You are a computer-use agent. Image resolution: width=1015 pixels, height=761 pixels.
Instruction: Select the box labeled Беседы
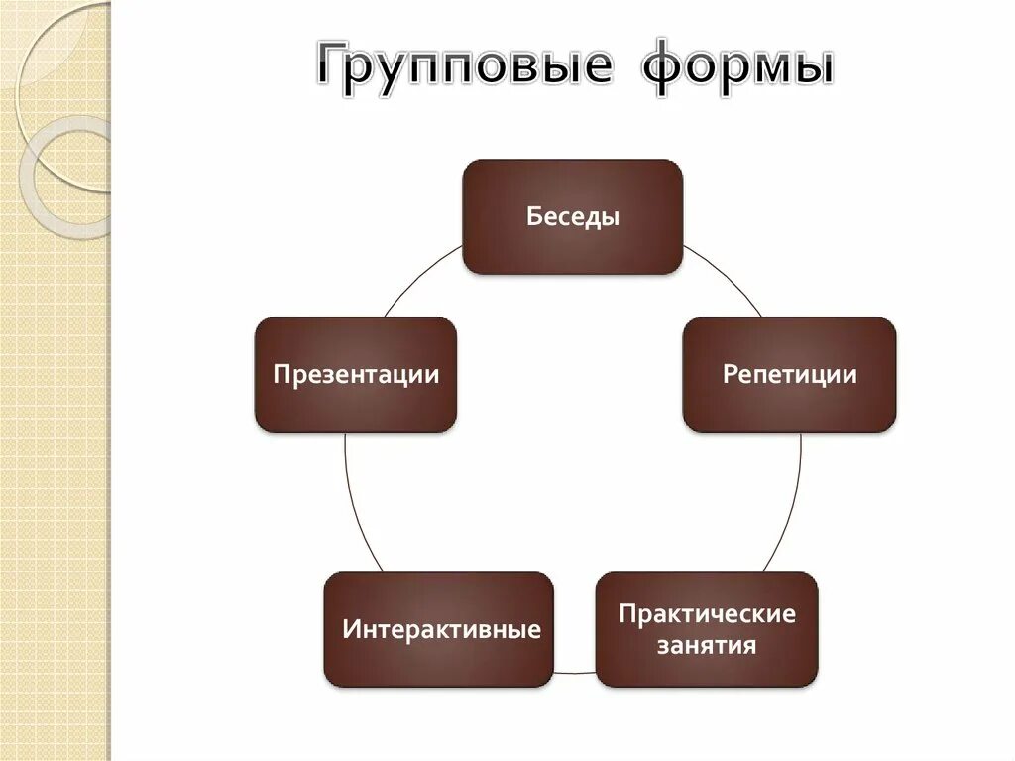click(x=573, y=216)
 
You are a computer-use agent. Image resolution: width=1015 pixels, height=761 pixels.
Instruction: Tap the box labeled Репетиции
click(x=789, y=374)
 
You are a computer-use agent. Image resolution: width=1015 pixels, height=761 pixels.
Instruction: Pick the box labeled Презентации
click(x=356, y=374)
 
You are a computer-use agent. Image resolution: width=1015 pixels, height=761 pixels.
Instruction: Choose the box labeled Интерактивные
click(x=438, y=629)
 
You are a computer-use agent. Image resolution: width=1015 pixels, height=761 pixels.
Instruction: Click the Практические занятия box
click(x=707, y=629)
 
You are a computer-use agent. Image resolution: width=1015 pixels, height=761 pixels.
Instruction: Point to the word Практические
click(x=707, y=614)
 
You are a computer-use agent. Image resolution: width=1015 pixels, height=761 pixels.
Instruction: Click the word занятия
click(x=707, y=647)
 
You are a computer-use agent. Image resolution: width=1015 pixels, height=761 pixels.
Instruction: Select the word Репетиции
click(x=789, y=375)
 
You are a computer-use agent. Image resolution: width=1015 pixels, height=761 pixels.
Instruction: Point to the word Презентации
click(x=356, y=375)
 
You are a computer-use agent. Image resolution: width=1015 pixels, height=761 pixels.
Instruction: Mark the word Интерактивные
click(x=441, y=630)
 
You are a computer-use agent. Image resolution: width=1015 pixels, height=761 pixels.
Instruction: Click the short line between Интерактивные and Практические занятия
click(x=574, y=673)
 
